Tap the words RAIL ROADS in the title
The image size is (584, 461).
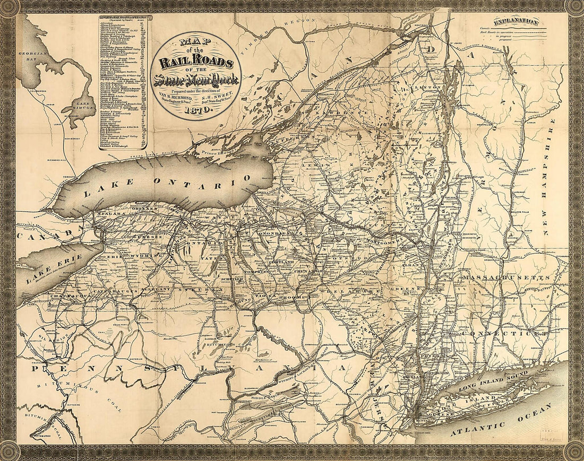pyautogui.click(x=192, y=63)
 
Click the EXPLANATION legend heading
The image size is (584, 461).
pyautogui.click(x=515, y=22)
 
